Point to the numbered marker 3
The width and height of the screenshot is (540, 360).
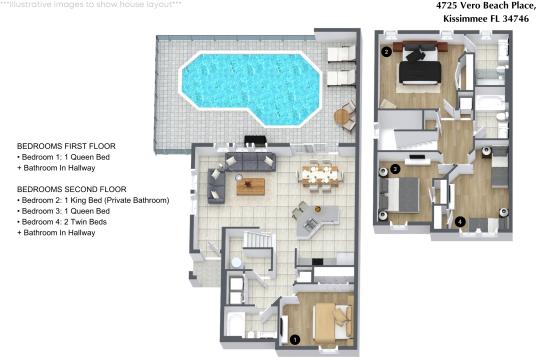(395, 170)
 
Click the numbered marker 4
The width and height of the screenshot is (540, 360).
(459, 221)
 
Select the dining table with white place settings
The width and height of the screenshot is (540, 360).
(320, 177)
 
